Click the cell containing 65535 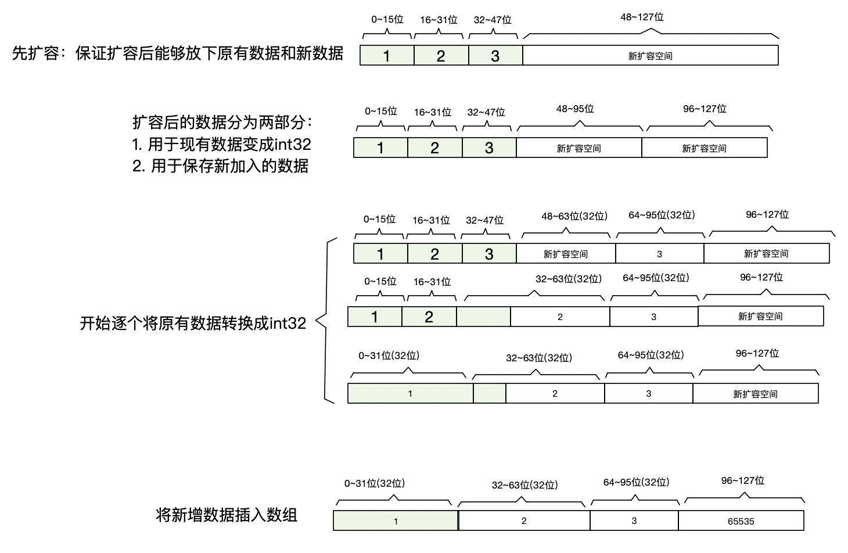click(x=741, y=521)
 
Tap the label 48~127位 click(x=642, y=17)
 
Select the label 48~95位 click(x=575, y=109)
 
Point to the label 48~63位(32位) click(x=574, y=216)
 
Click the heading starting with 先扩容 click(x=178, y=54)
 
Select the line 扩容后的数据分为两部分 click(x=222, y=123)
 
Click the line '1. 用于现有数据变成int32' click(x=222, y=144)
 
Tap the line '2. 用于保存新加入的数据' click(x=220, y=166)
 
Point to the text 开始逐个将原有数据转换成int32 click(x=193, y=323)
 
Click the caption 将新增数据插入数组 click(x=227, y=515)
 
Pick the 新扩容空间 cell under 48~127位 click(x=650, y=56)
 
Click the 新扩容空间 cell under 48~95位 click(x=578, y=148)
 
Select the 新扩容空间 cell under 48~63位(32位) click(x=565, y=254)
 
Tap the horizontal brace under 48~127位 click(x=651, y=33)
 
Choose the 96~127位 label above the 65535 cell click(x=742, y=480)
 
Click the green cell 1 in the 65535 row click(x=396, y=521)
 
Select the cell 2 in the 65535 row click(x=523, y=521)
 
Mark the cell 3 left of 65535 click(x=634, y=521)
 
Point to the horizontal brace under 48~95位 click(x=580, y=125)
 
